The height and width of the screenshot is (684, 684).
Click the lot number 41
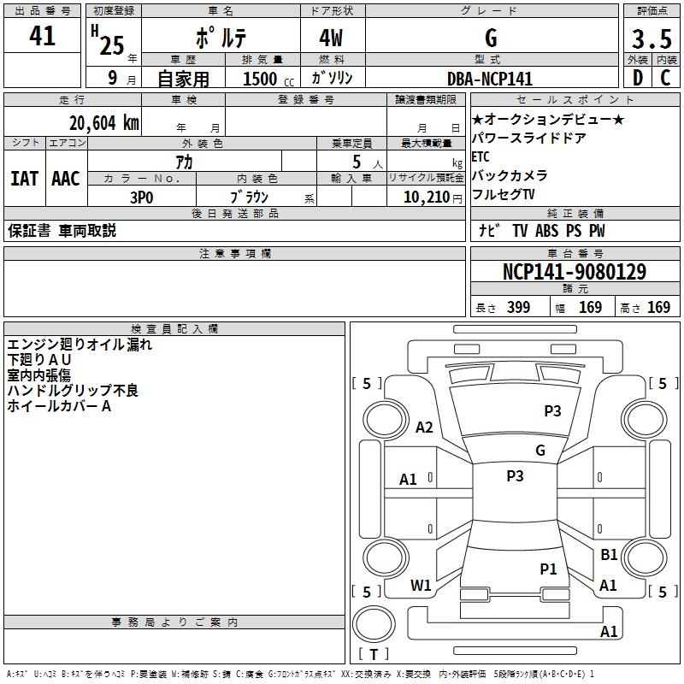point(42,37)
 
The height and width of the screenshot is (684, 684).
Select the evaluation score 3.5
point(651,39)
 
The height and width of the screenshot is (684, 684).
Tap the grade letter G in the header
point(491,38)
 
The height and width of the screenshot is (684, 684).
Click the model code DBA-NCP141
point(490,79)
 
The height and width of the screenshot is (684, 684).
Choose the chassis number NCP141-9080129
point(574,272)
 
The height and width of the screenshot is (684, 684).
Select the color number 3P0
point(141,196)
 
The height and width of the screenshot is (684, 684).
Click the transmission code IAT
point(25,179)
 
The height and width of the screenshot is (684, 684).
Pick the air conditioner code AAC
point(66,179)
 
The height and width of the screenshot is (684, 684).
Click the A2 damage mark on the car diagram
point(424,427)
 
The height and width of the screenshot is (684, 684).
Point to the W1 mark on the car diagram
point(421,585)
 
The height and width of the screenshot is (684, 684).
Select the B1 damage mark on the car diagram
point(609,555)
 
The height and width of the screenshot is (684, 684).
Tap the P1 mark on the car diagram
point(548,569)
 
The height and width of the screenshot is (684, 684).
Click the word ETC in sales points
point(481,156)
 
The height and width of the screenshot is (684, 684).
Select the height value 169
point(658,308)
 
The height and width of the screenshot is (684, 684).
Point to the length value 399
point(518,308)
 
